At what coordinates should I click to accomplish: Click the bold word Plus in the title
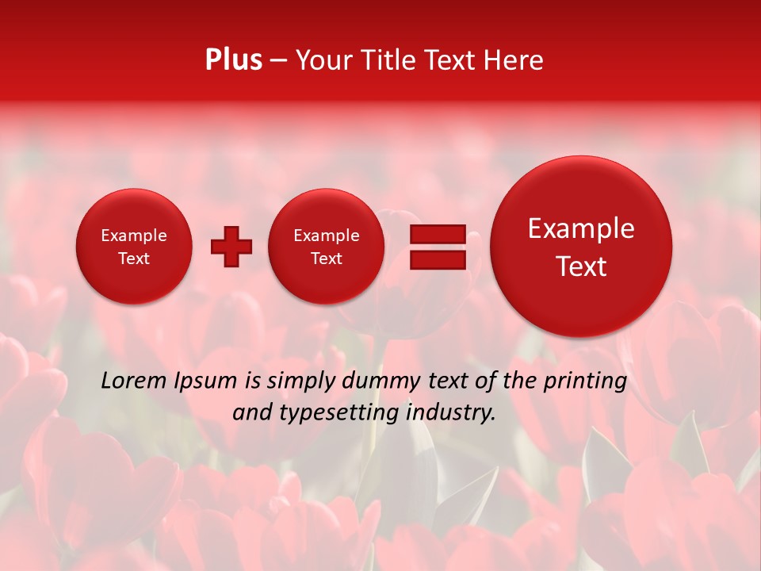233,60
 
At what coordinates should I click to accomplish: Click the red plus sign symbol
231,247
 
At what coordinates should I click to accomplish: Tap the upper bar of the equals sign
437,234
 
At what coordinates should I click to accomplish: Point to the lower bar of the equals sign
437,259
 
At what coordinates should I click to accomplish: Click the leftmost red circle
134,247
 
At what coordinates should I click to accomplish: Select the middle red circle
326,247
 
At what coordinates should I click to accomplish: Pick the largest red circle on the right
581,247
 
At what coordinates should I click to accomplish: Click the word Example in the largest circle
581,228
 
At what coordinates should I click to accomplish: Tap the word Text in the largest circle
581,266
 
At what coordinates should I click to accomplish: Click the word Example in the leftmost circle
134,236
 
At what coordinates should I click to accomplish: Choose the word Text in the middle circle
326,259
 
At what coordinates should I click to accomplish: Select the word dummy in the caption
382,381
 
